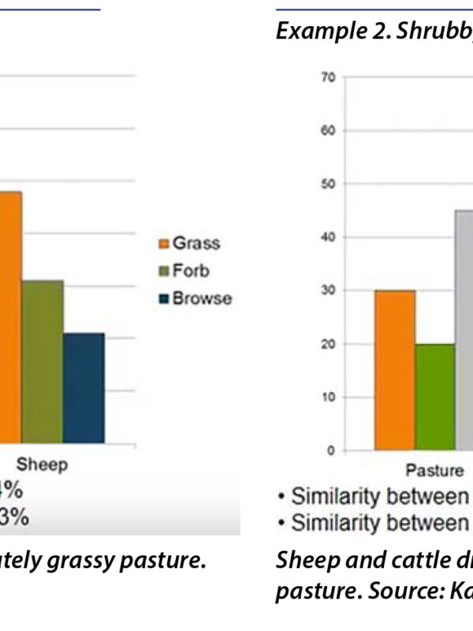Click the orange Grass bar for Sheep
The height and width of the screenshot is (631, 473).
(9, 319)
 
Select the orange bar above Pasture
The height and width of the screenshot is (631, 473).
(394, 370)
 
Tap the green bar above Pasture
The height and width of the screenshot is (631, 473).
(435, 397)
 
